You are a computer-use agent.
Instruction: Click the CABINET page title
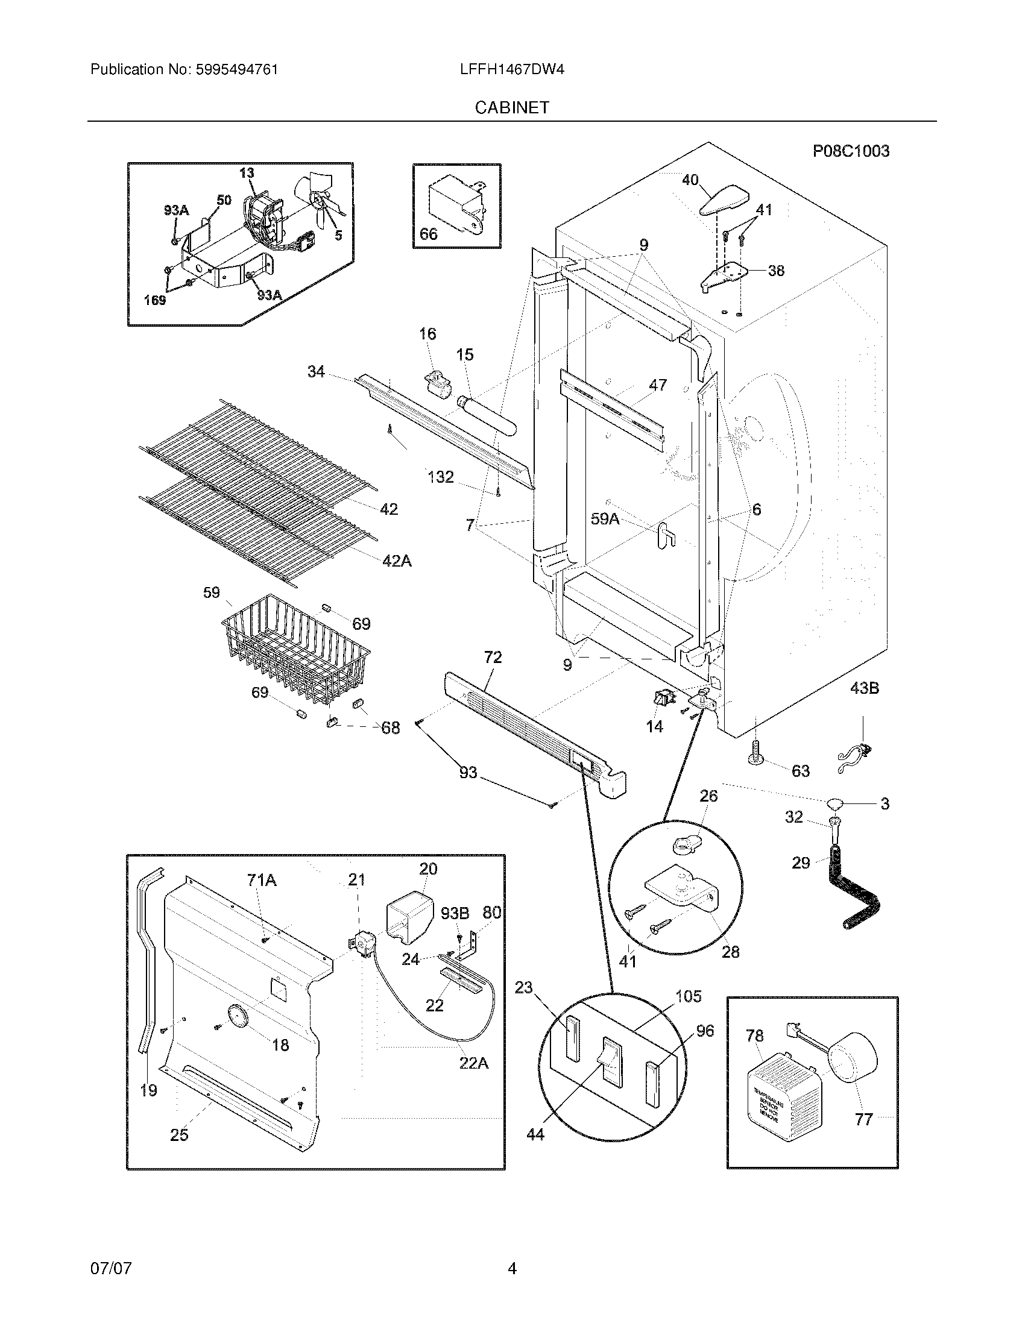(x=512, y=107)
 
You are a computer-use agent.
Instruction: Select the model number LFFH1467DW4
(x=512, y=70)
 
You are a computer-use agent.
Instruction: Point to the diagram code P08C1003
(x=851, y=151)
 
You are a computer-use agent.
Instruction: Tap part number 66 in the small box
(x=428, y=234)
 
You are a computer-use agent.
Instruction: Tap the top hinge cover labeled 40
(x=724, y=201)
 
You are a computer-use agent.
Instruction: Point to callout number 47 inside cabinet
(x=658, y=385)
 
